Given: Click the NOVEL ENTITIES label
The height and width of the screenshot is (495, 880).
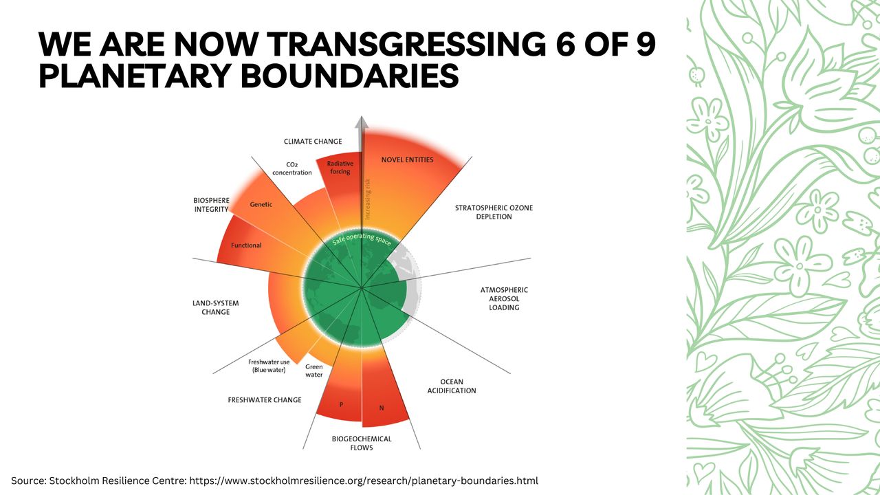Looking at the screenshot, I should pyautogui.click(x=407, y=160).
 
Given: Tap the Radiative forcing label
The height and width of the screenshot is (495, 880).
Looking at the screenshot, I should pyautogui.click(x=340, y=167).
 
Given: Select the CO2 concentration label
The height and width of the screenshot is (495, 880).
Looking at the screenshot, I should pyautogui.click(x=291, y=168).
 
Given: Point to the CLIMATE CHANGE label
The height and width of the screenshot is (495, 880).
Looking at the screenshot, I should pyautogui.click(x=313, y=142).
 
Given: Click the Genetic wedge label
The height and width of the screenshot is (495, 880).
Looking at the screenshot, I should pyautogui.click(x=261, y=204).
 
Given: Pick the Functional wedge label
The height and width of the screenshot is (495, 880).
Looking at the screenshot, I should pyautogui.click(x=246, y=245).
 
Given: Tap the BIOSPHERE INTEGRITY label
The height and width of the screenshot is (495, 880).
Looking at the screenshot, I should pyautogui.click(x=211, y=205).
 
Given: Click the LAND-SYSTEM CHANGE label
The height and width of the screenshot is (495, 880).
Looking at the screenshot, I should pyautogui.click(x=215, y=307).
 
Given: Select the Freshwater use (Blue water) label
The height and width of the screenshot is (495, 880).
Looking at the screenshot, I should pyautogui.click(x=269, y=366).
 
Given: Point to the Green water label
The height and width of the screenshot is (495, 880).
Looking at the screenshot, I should pyautogui.click(x=313, y=371).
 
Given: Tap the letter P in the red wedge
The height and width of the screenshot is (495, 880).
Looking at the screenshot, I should pyautogui.click(x=341, y=404).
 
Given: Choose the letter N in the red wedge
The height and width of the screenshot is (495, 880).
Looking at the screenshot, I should pyautogui.click(x=382, y=408).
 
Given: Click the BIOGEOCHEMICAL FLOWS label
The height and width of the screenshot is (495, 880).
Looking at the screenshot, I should pyautogui.click(x=362, y=443).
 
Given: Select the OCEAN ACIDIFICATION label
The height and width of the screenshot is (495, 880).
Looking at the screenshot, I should pyautogui.click(x=452, y=386).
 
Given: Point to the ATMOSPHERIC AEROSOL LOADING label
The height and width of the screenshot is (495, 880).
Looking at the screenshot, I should pyautogui.click(x=504, y=299).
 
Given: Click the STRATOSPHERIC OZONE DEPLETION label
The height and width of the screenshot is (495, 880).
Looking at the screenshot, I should pyautogui.click(x=494, y=212).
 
